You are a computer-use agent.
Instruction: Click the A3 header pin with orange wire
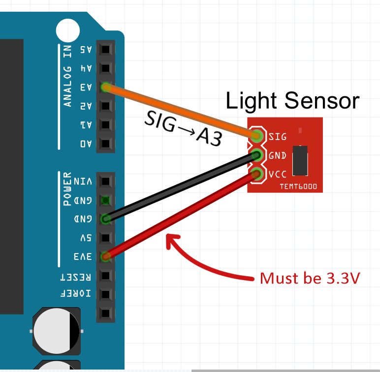coord(105,87)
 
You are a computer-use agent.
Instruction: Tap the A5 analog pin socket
coord(105,49)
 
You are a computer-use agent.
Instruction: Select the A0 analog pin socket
coord(105,144)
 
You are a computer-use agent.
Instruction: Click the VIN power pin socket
coord(105,181)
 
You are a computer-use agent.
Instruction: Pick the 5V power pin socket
coord(105,238)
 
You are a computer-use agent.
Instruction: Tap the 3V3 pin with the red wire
coord(105,257)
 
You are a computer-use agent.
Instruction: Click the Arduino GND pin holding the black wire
coord(105,219)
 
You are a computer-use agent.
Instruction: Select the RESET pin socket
coord(105,275)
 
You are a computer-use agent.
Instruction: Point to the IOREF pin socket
coord(105,294)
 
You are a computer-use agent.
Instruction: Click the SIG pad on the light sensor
coord(257,136)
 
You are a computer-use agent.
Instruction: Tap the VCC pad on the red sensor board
coord(257,174)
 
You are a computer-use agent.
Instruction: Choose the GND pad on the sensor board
coord(257,155)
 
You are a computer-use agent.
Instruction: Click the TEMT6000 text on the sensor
coord(298,187)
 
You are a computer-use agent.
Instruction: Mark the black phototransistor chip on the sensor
coord(299,160)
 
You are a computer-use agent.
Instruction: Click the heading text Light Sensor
coord(292,101)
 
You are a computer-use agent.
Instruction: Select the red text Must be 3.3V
coord(310,278)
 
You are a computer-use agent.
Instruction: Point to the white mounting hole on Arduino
coord(68,30)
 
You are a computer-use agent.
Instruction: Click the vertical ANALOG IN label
coord(67,76)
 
